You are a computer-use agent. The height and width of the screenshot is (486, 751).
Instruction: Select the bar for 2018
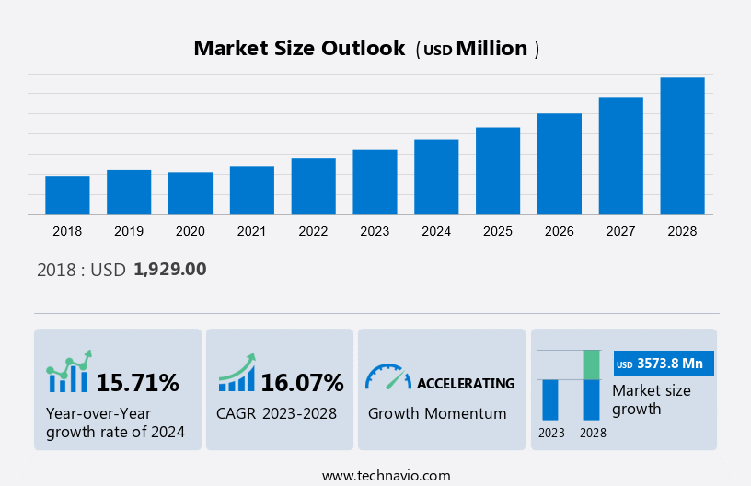[67, 195]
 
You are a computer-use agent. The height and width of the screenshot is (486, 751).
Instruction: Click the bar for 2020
[191, 193]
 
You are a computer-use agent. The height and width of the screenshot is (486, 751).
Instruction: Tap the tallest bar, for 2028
[682, 146]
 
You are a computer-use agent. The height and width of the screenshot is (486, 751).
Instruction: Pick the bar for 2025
[498, 171]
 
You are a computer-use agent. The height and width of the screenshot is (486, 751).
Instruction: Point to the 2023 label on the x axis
[375, 231]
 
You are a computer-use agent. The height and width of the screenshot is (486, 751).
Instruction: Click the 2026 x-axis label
[560, 231]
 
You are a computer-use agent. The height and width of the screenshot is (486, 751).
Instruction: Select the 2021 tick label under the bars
[251, 231]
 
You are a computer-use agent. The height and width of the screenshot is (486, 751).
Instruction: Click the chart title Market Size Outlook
[299, 49]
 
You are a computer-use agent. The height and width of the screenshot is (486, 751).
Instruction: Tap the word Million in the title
[492, 49]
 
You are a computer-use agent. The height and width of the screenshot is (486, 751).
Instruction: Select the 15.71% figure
[138, 383]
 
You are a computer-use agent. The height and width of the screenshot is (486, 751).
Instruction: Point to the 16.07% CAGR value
[302, 383]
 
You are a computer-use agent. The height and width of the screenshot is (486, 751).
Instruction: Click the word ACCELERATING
[466, 383]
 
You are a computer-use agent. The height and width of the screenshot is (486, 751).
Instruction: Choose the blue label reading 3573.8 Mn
[664, 364]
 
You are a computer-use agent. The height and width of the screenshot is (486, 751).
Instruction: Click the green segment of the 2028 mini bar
[592, 364]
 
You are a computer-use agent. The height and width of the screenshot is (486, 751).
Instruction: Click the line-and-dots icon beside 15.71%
[68, 372]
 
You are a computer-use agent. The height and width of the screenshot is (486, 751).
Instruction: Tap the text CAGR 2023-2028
[276, 413]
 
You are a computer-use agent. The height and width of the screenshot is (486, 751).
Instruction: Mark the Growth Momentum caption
[437, 413]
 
